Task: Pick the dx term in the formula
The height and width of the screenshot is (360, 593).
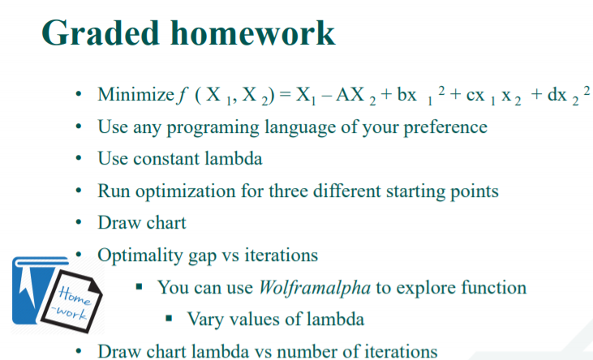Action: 559,96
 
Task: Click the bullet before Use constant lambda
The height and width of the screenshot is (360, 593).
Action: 78,160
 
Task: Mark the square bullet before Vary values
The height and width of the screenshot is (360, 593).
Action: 171,319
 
